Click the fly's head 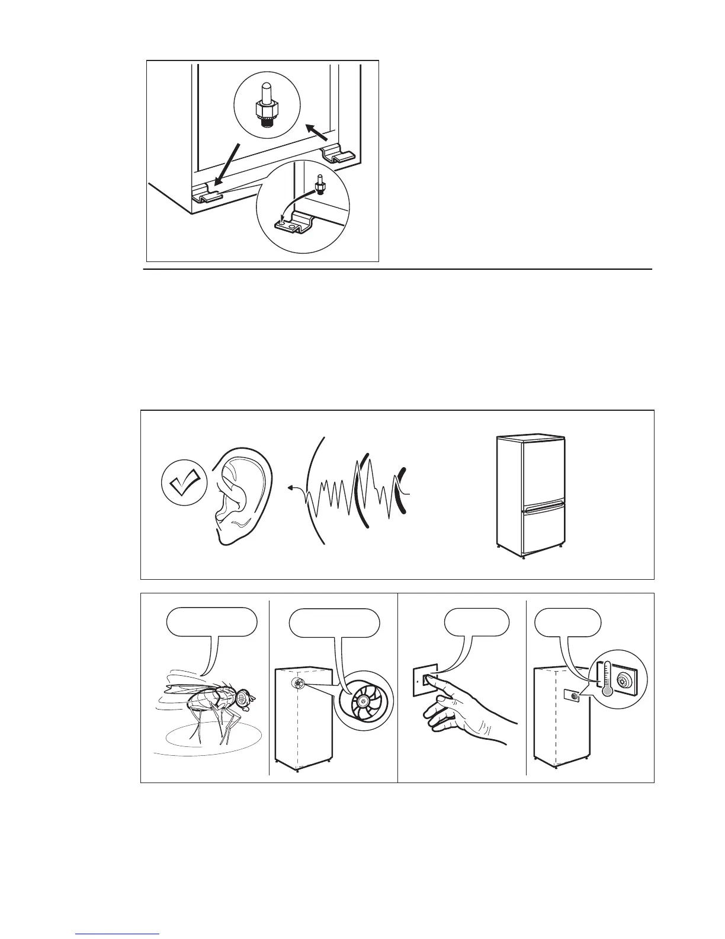point(243,700)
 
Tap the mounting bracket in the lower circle point(295,226)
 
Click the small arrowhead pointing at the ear point(290,488)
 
